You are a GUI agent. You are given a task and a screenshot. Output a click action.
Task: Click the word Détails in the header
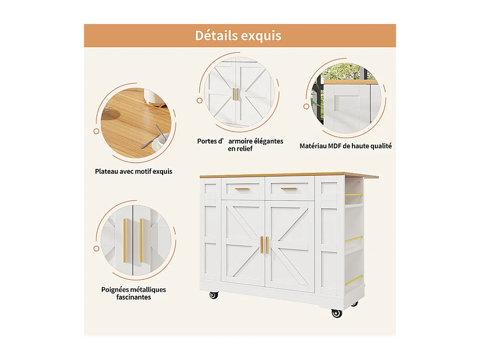tap(216, 36)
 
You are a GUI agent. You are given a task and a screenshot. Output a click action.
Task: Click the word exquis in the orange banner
tap(261, 36)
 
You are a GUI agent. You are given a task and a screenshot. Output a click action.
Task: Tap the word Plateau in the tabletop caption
tap(106, 171)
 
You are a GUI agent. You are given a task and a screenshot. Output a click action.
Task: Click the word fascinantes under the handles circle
tap(133, 297)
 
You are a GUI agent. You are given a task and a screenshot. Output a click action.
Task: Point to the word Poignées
tap(115, 290)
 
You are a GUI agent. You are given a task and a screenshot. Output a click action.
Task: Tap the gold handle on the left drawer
tap(242, 189)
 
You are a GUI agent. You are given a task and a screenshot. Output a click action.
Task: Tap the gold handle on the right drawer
tap(289, 189)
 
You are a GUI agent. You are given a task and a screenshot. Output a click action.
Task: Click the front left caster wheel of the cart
tap(214, 295)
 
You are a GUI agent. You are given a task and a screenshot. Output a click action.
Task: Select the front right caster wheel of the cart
tap(337, 313)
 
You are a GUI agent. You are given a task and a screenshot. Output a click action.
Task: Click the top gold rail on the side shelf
tap(354, 195)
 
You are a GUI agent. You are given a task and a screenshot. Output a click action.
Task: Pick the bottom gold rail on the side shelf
tap(354, 280)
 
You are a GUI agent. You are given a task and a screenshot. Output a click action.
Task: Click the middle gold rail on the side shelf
tap(354, 239)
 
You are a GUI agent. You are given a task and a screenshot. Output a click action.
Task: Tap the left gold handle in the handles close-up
tap(125, 240)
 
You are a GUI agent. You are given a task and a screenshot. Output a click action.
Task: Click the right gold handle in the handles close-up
tap(141, 240)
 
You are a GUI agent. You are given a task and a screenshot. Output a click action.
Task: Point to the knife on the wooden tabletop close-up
tap(152, 137)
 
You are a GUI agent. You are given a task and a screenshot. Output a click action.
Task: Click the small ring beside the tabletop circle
tap(96, 132)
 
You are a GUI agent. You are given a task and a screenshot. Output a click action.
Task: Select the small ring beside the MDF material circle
tap(306, 107)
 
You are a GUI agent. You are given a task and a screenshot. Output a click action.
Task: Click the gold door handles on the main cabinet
tap(264, 245)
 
